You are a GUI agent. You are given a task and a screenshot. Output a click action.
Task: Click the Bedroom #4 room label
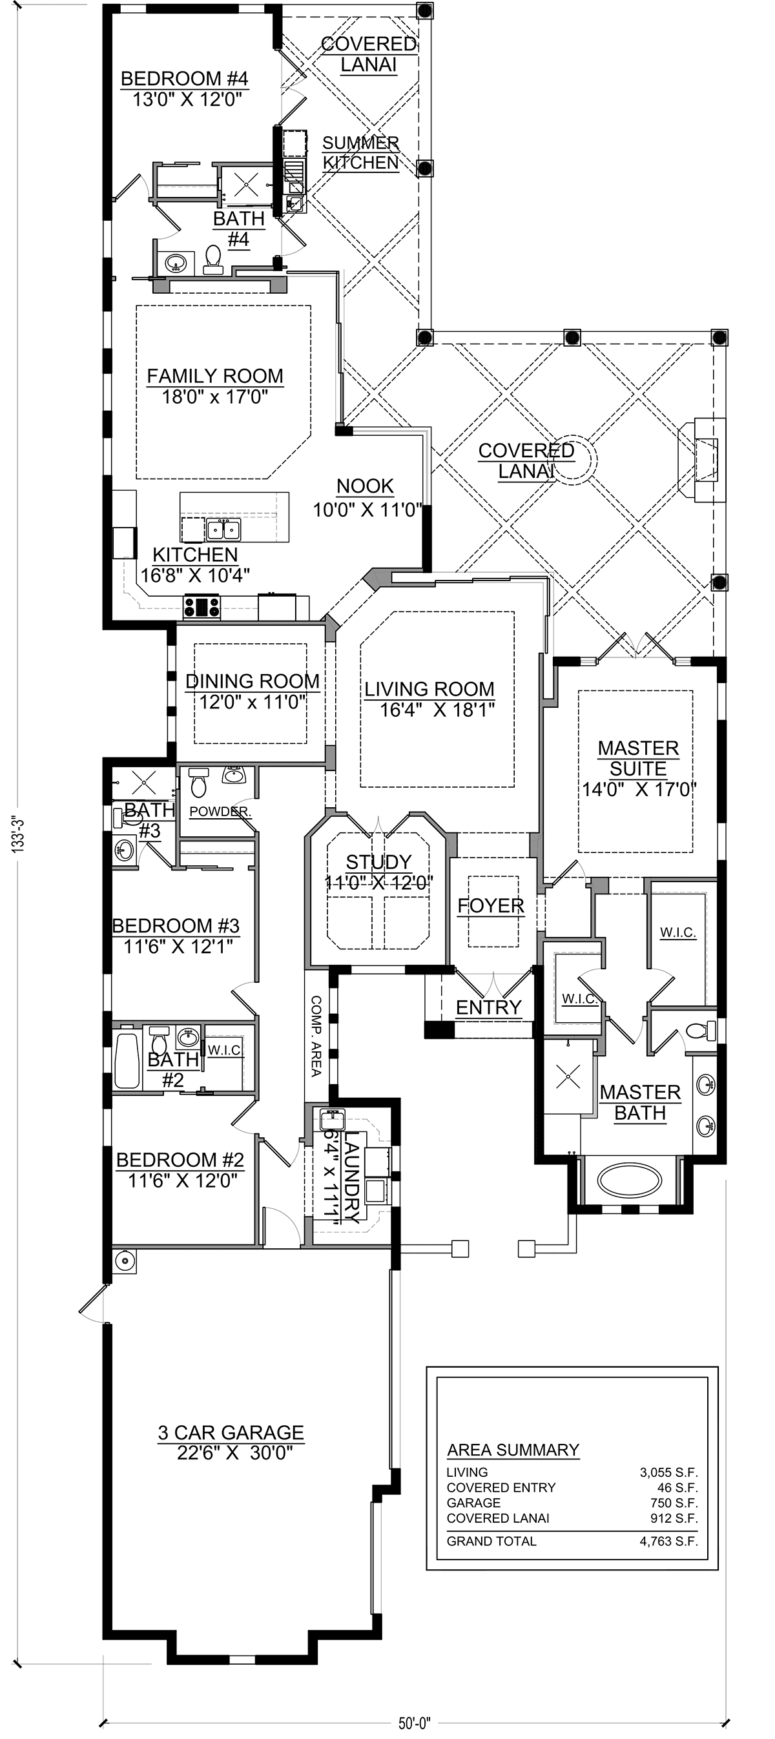pyautogui.click(x=185, y=79)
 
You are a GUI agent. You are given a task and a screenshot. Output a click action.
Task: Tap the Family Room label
pyautogui.click(x=215, y=376)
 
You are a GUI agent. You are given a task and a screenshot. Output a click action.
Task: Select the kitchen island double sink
pyautogui.click(x=223, y=531)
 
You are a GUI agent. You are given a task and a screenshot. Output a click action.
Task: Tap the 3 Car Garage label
pyautogui.click(x=231, y=1432)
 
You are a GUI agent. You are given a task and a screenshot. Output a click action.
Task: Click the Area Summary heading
pyautogui.click(x=513, y=1450)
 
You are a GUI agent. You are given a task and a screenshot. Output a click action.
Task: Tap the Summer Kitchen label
pyautogui.click(x=360, y=152)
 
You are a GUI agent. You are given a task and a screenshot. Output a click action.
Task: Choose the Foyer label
pyautogui.click(x=491, y=906)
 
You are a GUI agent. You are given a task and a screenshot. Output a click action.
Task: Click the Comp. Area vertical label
pyautogui.click(x=316, y=1036)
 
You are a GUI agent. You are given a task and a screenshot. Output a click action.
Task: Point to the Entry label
pyautogui.click(x=488, y=1007)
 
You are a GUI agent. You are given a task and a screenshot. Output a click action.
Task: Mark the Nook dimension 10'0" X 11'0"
pyautogui.click(x=368, y=509)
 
